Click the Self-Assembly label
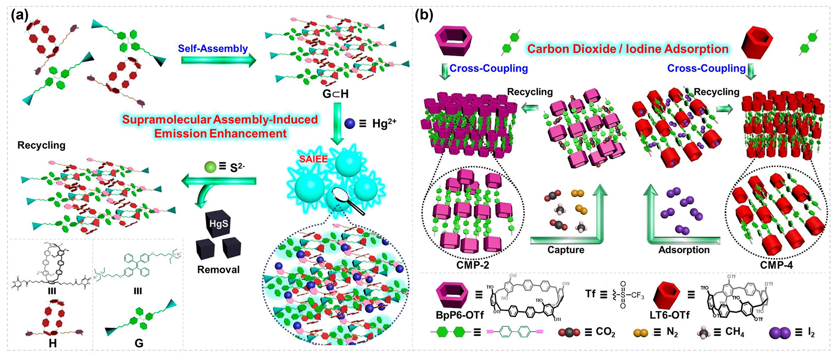pyautogui.click(x=213, y=49)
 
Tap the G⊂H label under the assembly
pyautogui.click(x=335, y=94)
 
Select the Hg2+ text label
pyautogui.click(x=384, y=123)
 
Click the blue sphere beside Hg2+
pyautogui.click(x=349, y=123)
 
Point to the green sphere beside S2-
pyautogui.click(x=210, y=167)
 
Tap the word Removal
pyautogui.click(x=218, y=269)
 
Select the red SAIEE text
pyautogui.click(x=313, y=159)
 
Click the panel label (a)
pyautogui.click(x=20, y=16)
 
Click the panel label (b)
pyautogui.click(x=423, y=16)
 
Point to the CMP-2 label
pyautogui.click(x=473, y=265)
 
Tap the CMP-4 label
pyautogui.click(x=776, y=265)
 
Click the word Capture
pyautogui.click(x=566, y=250)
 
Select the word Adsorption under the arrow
pyautogui.click(x=684, y=250)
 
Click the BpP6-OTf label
pyautogui.click(x=460, y=315)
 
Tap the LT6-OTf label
pyautogui.click(x=670, y=315)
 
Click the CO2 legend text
pyautogui.click(x=605, y=332)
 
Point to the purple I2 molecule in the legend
pyautogui.click(x=779, y=333)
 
